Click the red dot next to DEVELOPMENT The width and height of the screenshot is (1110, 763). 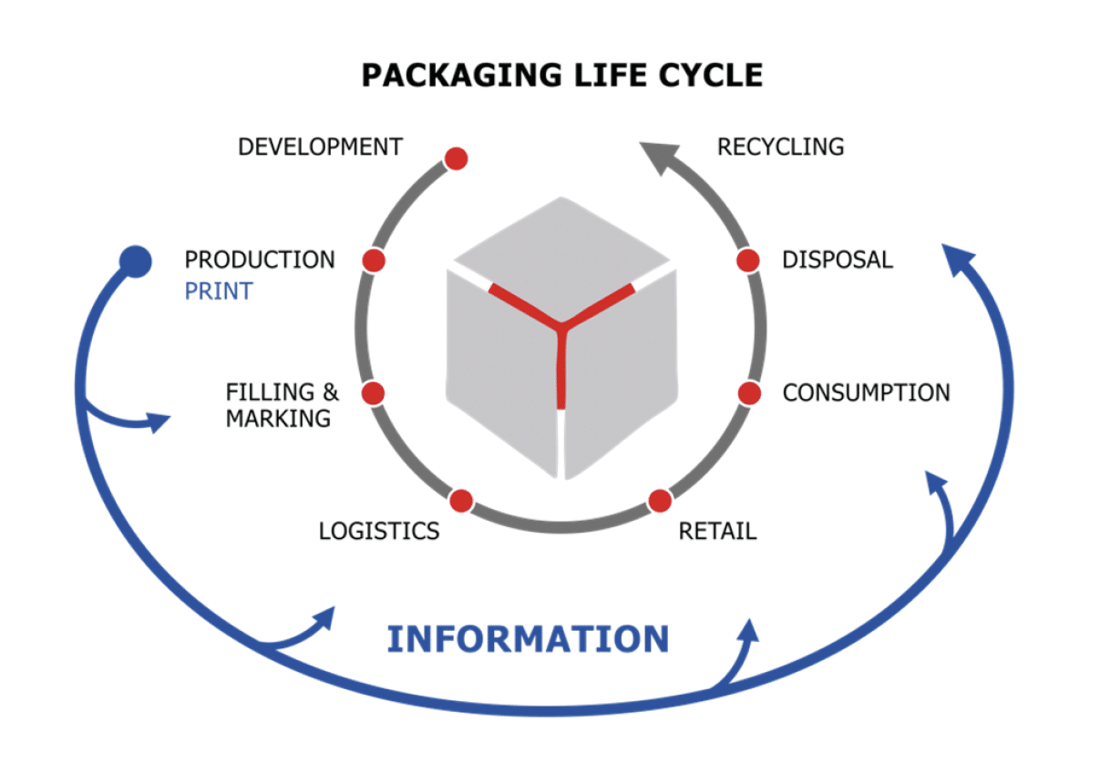point(456,158)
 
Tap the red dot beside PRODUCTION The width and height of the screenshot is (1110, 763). point(374,260)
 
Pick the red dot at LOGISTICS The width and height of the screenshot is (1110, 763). point(461,501)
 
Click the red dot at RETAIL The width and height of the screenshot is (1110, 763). point(659,501)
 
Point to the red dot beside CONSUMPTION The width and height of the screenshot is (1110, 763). point(748,393)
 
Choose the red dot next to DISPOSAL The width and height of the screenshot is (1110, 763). point(748,260)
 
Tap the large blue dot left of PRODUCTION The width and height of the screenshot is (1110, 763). point(136,262)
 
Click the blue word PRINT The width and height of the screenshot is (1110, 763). point(219,291)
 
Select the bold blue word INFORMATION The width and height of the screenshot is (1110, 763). point(528,638)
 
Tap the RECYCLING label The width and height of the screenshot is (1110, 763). point(780,146)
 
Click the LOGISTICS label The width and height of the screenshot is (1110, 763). point(379,530)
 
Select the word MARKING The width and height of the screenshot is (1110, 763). point(278,419)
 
